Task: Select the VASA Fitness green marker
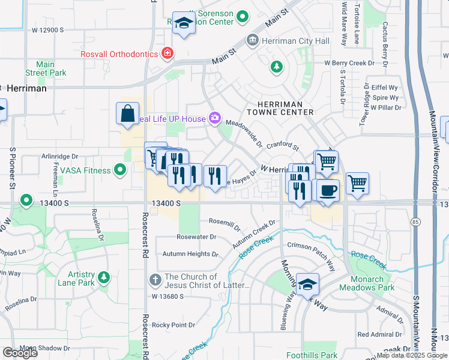[120, 170]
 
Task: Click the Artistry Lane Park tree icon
[104, 277]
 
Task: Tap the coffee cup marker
[327, 191]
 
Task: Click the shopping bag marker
[128, 113]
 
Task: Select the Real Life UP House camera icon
[214, 118]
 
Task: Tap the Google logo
[20, 352]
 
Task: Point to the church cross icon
[155, 280]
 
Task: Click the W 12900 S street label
[47, 29]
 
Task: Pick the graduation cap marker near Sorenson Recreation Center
[184, 23]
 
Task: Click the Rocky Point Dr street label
[173, 325]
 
